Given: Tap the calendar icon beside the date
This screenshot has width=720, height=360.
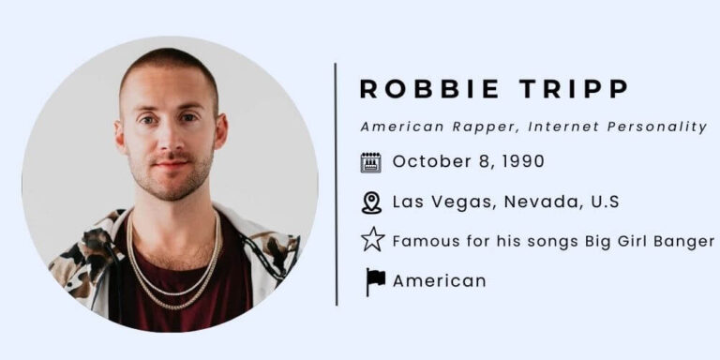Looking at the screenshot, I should [371, 162].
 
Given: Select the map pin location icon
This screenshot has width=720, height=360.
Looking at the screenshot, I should [371, 202].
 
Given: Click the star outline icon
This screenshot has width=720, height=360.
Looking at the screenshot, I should [372, 241].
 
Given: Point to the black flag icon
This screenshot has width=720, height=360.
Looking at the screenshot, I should [375, 281].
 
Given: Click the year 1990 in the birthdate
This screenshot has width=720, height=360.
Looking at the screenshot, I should [523, 161].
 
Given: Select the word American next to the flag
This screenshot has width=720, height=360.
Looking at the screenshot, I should [439, 281].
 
